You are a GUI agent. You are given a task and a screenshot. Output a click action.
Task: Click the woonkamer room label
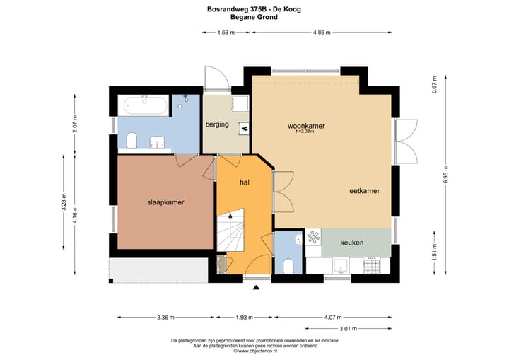point(306,126)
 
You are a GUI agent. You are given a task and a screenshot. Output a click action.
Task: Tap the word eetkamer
point(365,191)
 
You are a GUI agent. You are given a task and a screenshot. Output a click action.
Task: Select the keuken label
point(352,243)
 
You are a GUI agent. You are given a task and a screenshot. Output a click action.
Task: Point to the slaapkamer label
point(165,202)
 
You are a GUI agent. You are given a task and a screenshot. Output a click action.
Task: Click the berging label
point(217,124)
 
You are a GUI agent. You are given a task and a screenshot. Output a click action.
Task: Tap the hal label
point(245,182)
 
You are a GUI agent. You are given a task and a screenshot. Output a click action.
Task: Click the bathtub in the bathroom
point(146,105)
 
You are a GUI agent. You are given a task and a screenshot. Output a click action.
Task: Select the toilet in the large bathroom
point(131,140)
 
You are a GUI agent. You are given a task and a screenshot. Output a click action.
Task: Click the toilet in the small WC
point(288,266)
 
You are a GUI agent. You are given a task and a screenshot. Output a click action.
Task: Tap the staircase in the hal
point(230,231)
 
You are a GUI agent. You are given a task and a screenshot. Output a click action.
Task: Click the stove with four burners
point(372,265)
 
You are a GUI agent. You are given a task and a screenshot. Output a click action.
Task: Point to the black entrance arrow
point(257,287)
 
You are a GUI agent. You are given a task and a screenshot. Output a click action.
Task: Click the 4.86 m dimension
point(322,33)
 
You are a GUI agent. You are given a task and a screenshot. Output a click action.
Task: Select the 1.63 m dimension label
point(226,33)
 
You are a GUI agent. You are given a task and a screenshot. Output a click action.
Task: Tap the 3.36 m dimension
point(165,318)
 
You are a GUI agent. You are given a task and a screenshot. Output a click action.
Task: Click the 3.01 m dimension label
point(349,328)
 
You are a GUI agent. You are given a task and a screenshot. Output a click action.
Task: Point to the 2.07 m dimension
point(75,124)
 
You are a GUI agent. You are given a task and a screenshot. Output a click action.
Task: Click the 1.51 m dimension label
point(435,252)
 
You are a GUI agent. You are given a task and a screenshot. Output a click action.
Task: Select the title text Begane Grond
point(254,17)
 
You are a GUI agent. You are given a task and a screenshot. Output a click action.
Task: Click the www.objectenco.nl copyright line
point(255,351)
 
